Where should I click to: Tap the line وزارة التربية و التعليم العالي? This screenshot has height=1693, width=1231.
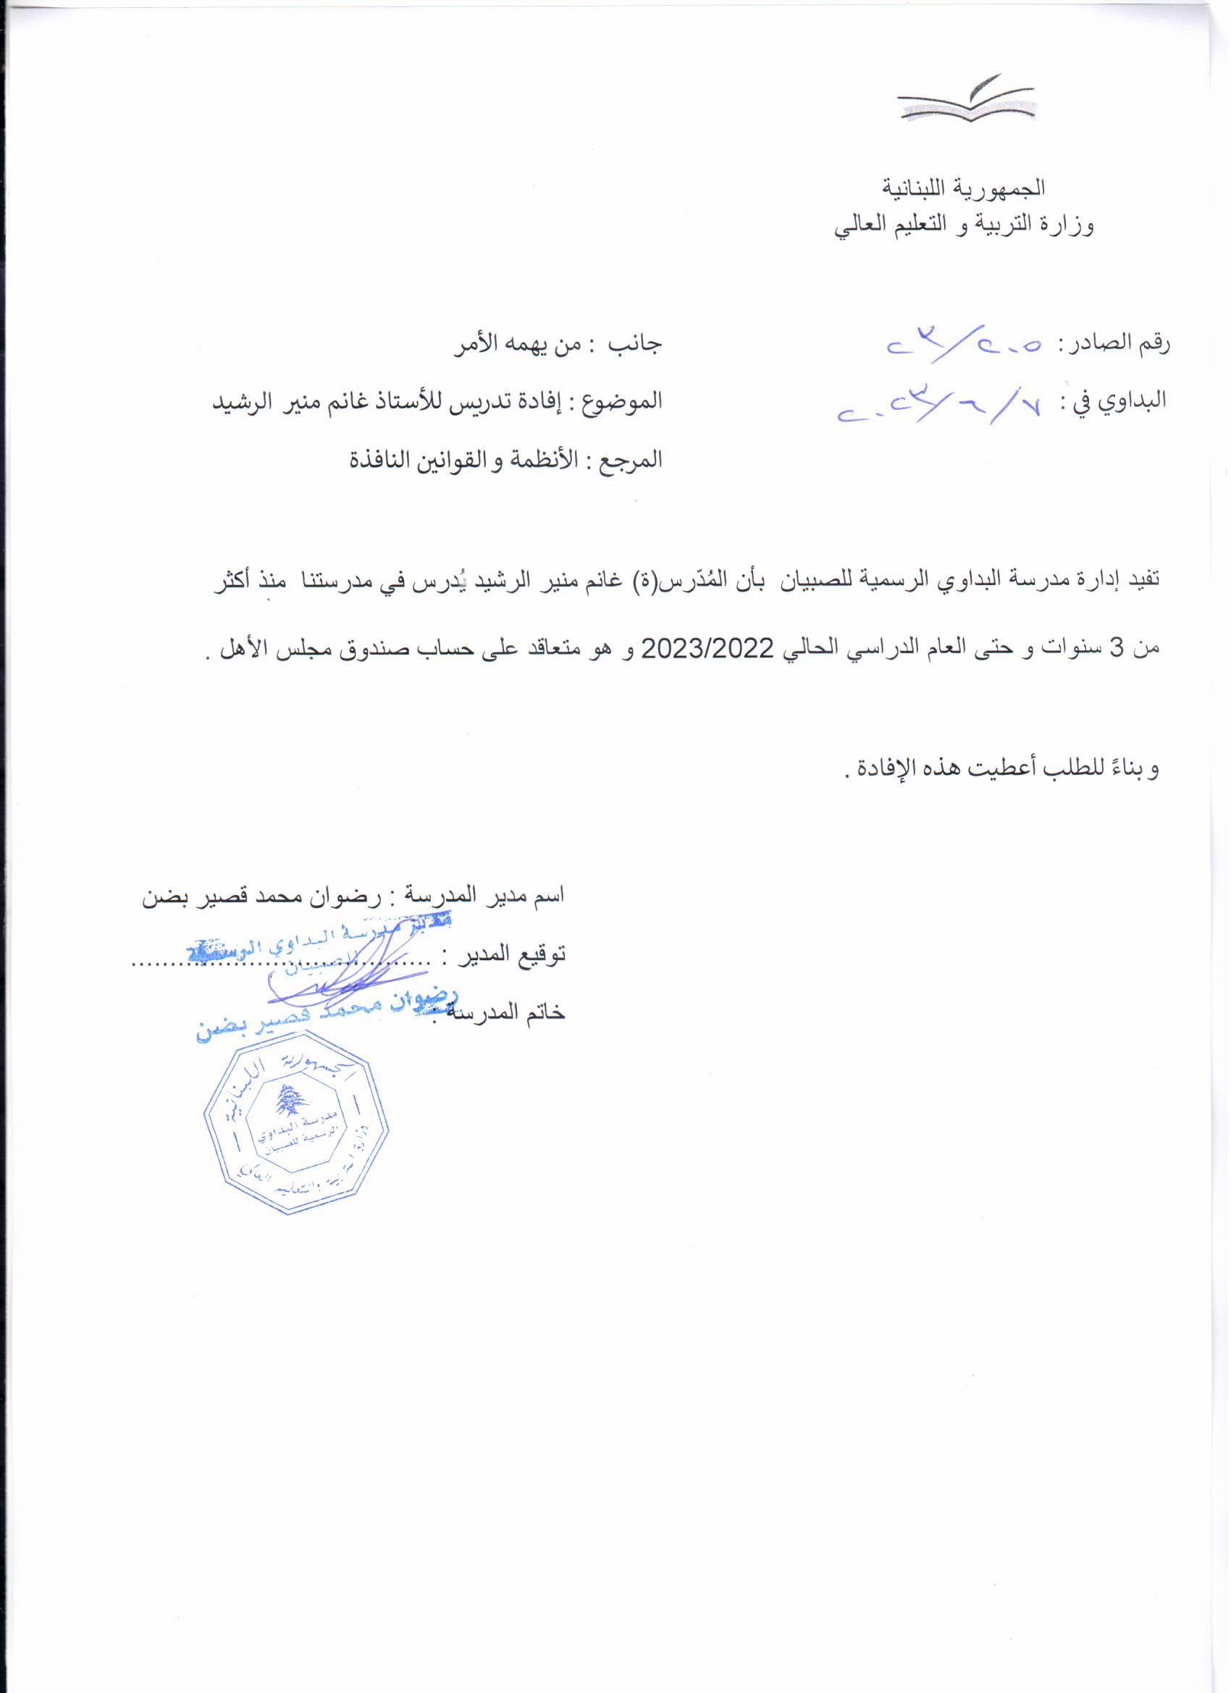[x=963, y=224]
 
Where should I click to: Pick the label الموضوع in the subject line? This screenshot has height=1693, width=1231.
[x=626, y=402]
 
